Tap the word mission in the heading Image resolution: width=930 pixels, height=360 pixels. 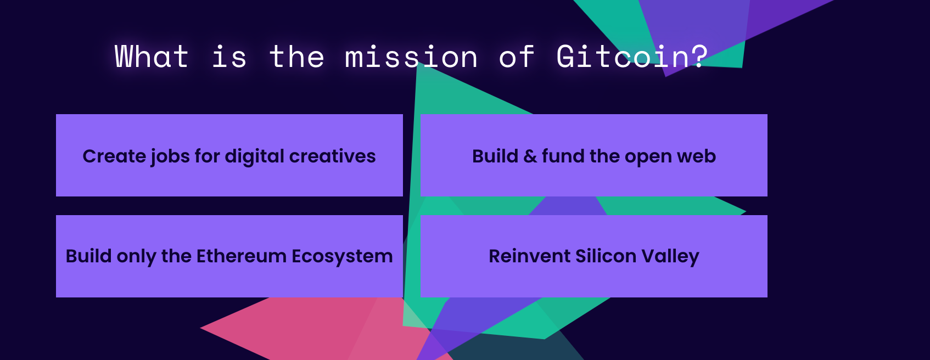coord(411,57)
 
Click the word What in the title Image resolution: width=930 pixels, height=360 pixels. coord(152,57)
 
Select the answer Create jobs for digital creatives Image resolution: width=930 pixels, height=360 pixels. coord(229,155)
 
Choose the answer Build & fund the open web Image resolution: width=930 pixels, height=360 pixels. coord(593,155)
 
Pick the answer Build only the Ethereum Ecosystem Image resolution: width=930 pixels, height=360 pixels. coord(229,256)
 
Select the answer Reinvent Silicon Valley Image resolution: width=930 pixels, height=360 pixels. coord(593,256)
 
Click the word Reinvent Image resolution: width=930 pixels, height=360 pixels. coord(530,256)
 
